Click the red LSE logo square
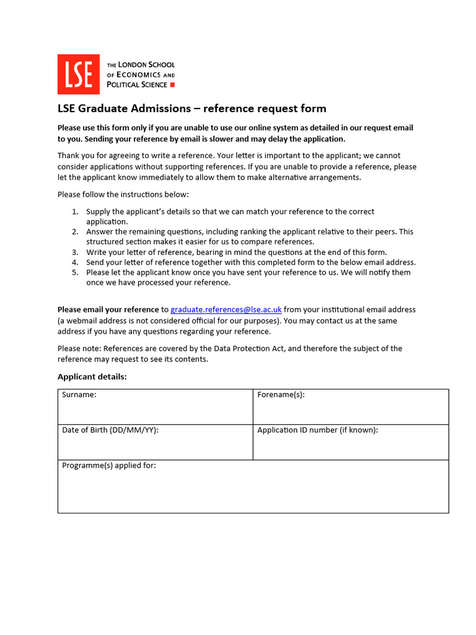pos(78,74)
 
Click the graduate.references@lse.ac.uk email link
pos(226,309)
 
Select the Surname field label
pos(79,395)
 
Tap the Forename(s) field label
pos(281,395)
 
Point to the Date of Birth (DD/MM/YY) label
pos(110,430)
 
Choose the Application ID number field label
pos(317,430)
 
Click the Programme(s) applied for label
pos(109,466)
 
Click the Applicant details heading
pos(92,376)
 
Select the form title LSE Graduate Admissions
pos(124,109)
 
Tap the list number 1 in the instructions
pos(74,212)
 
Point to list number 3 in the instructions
pos(74,252)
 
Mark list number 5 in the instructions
pos(74,272)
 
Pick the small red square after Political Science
pos(172,84)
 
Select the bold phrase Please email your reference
pos(108,309)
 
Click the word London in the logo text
pos(134,64)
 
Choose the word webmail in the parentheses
pos(82,321)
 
